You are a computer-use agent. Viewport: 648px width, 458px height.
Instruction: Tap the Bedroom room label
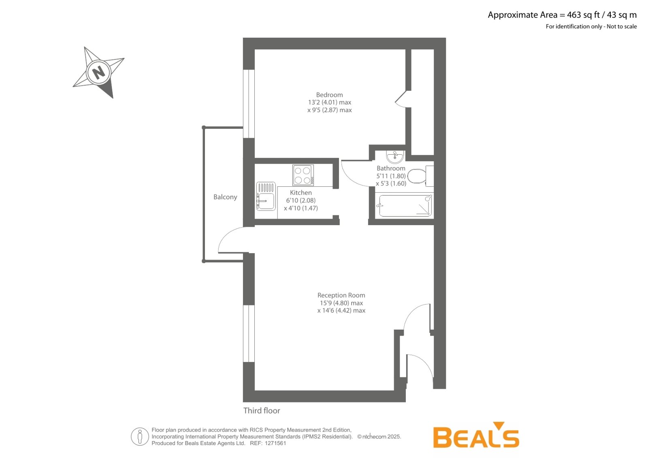point(329,95)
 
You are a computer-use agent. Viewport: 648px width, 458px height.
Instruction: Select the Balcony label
point(225,197)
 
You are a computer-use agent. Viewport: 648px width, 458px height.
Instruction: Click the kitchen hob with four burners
point(303,175)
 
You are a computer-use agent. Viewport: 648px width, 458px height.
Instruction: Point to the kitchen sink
point(266,196)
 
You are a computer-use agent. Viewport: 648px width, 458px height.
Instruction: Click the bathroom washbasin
point(395,157)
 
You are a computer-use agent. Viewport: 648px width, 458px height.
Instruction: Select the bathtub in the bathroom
point(405,206)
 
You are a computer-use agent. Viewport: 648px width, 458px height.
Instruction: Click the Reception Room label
point(341,295)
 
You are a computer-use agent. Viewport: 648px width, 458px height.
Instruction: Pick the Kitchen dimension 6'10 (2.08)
point(301,200)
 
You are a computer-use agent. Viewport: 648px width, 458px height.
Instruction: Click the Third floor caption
point(262,411)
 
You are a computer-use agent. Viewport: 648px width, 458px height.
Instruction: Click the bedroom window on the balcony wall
point(249,104)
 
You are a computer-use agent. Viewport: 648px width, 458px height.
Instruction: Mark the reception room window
point(249,334)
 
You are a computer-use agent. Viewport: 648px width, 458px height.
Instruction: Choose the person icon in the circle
point(140,437)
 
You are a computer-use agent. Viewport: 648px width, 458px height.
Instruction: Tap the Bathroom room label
point(391,168)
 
